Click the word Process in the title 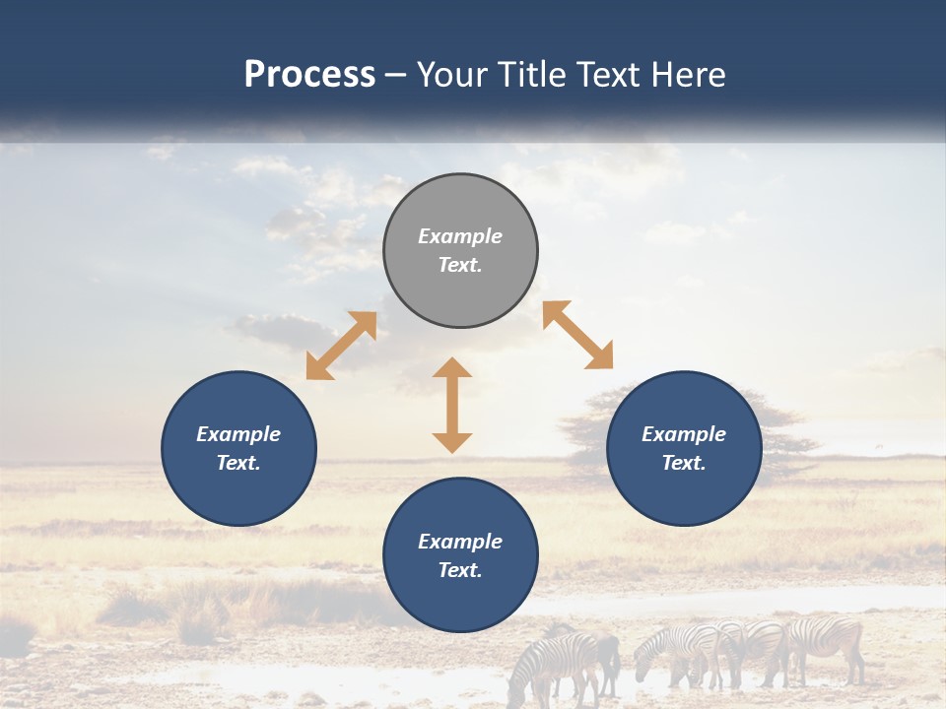[309, 75]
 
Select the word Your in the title [449, 75]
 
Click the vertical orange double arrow [452, 405]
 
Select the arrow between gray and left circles [341, 346]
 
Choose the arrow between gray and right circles [578, 335]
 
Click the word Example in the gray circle [460, 236]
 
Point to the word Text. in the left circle [238, 463]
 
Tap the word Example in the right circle [684, 434]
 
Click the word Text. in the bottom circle [460, 570]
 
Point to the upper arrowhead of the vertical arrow [452, 368]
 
